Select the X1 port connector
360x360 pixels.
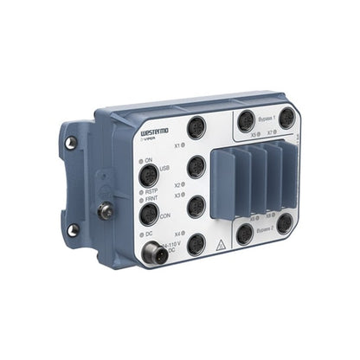[196, 125]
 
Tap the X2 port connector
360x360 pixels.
[196, 166]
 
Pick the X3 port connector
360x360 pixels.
[196, 205]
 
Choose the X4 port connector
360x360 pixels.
[196, 244]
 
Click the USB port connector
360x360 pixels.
[148, 176]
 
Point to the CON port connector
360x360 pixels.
[148, 214]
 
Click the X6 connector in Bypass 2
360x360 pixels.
[245, 234]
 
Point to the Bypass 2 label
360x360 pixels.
[265, 243]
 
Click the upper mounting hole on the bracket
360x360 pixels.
[71, 142]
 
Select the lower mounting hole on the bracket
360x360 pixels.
[73, 229]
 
